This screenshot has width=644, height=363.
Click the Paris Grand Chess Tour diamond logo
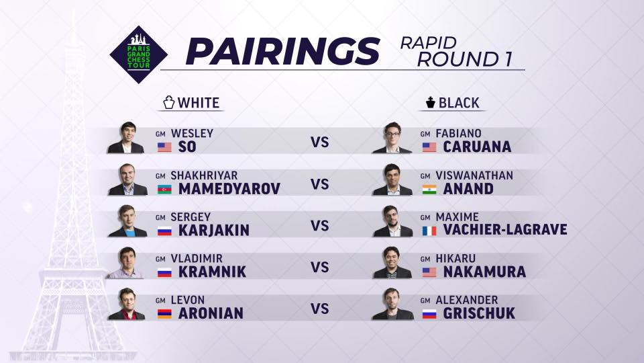click(138, 54)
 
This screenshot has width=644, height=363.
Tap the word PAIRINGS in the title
click(282, 52)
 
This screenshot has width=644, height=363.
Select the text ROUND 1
click(464, 59)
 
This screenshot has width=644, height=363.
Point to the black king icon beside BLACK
click(430, 102)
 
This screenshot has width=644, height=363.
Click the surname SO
click(187, 147)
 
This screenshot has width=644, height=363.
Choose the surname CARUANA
click(477, 147)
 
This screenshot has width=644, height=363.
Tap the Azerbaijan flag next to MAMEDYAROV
click(164, 189)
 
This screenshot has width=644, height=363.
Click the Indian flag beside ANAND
click(429, 189)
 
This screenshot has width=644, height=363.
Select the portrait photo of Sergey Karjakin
click(127, 221)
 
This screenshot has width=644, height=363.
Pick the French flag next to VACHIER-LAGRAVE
click(429, 231)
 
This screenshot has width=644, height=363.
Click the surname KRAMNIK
click(213, 272)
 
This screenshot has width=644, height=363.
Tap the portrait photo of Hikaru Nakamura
click(392, 263)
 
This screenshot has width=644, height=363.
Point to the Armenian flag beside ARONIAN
click(164, 314)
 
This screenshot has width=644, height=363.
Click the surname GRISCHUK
click(479, 314)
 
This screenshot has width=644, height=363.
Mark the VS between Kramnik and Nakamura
click(319, 268)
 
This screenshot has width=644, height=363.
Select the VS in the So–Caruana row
click(319, 143)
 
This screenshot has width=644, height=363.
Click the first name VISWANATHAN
click(474, 175)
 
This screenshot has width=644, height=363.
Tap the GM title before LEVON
click(160, 301)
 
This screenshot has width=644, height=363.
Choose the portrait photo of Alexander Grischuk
click(392, 304)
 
